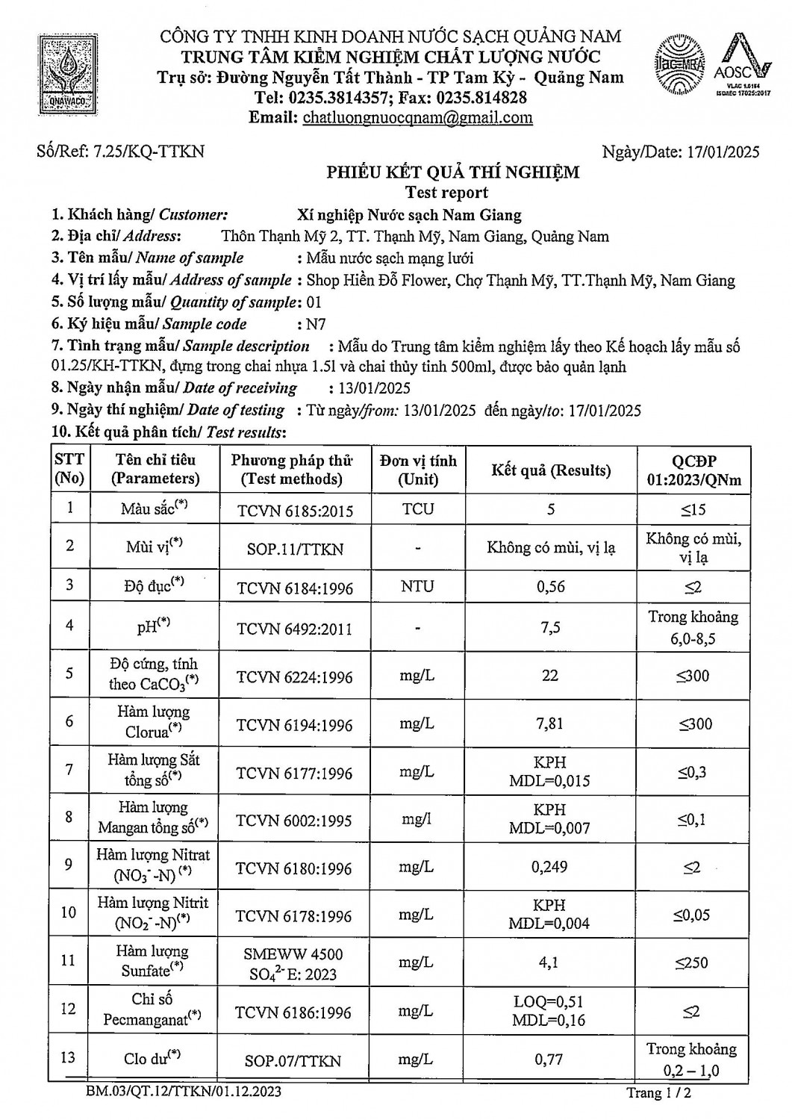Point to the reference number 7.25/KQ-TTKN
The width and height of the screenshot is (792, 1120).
tap(121, 152)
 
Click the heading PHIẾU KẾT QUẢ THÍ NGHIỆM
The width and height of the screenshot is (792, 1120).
tap(452, 172)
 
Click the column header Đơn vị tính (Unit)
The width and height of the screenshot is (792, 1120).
tap(417, 470)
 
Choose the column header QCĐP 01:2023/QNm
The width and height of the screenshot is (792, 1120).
tap(693, 470)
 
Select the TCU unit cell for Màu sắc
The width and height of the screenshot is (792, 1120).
tap(417, 509)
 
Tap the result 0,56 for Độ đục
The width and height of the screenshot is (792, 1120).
tap(550, 587)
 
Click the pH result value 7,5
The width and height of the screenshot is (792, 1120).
tap(550, 628)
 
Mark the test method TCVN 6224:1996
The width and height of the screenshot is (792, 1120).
tap(294, 676)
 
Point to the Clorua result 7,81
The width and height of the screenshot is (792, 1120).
tap(550, 724)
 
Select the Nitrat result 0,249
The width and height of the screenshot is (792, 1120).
tap(550, 867)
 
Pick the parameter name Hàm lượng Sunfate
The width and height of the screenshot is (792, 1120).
tap(152, 961)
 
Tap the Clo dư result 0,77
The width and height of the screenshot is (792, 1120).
tap(550, 1059)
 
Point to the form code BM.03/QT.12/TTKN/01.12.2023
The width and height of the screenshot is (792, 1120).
tap(183, 1092)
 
